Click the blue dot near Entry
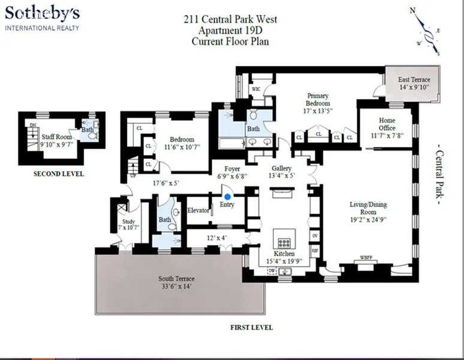coord(227,196)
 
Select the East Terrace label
coord(414,80)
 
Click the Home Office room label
coord(387,120)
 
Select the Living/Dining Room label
coord(369,205)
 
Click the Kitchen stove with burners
coord(282,244)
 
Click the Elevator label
coord(198,211)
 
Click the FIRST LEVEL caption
coord(251,328)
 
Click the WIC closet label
coord(255,89)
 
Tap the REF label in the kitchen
coord(314,249)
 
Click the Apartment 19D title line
coord(230,31)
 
